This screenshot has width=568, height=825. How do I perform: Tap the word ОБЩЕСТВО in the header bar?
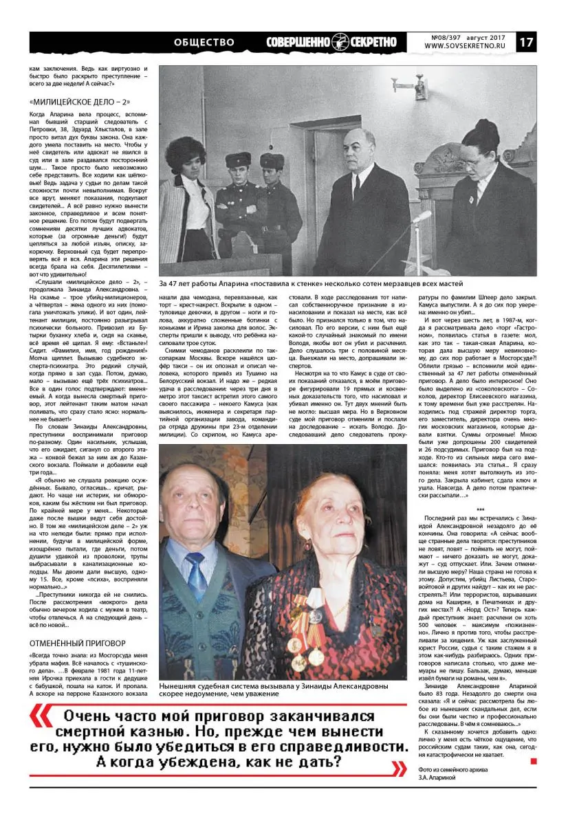pyautogui.click(x=204, y=43)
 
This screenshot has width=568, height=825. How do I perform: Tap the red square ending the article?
pyautogui.click(x=533, y=761)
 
